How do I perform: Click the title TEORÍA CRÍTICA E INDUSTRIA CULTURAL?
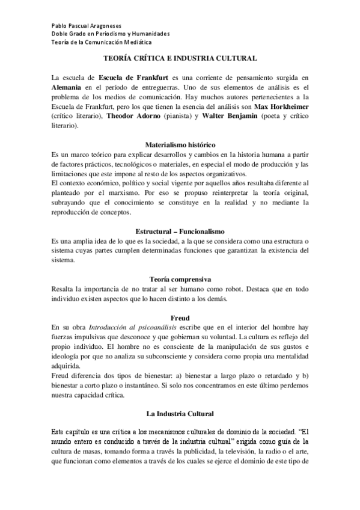180,58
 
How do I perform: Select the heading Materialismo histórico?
180,145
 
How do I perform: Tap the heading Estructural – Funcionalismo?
180,232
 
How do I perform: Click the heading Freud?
180,318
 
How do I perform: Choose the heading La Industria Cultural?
180,414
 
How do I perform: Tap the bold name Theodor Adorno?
130,116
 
